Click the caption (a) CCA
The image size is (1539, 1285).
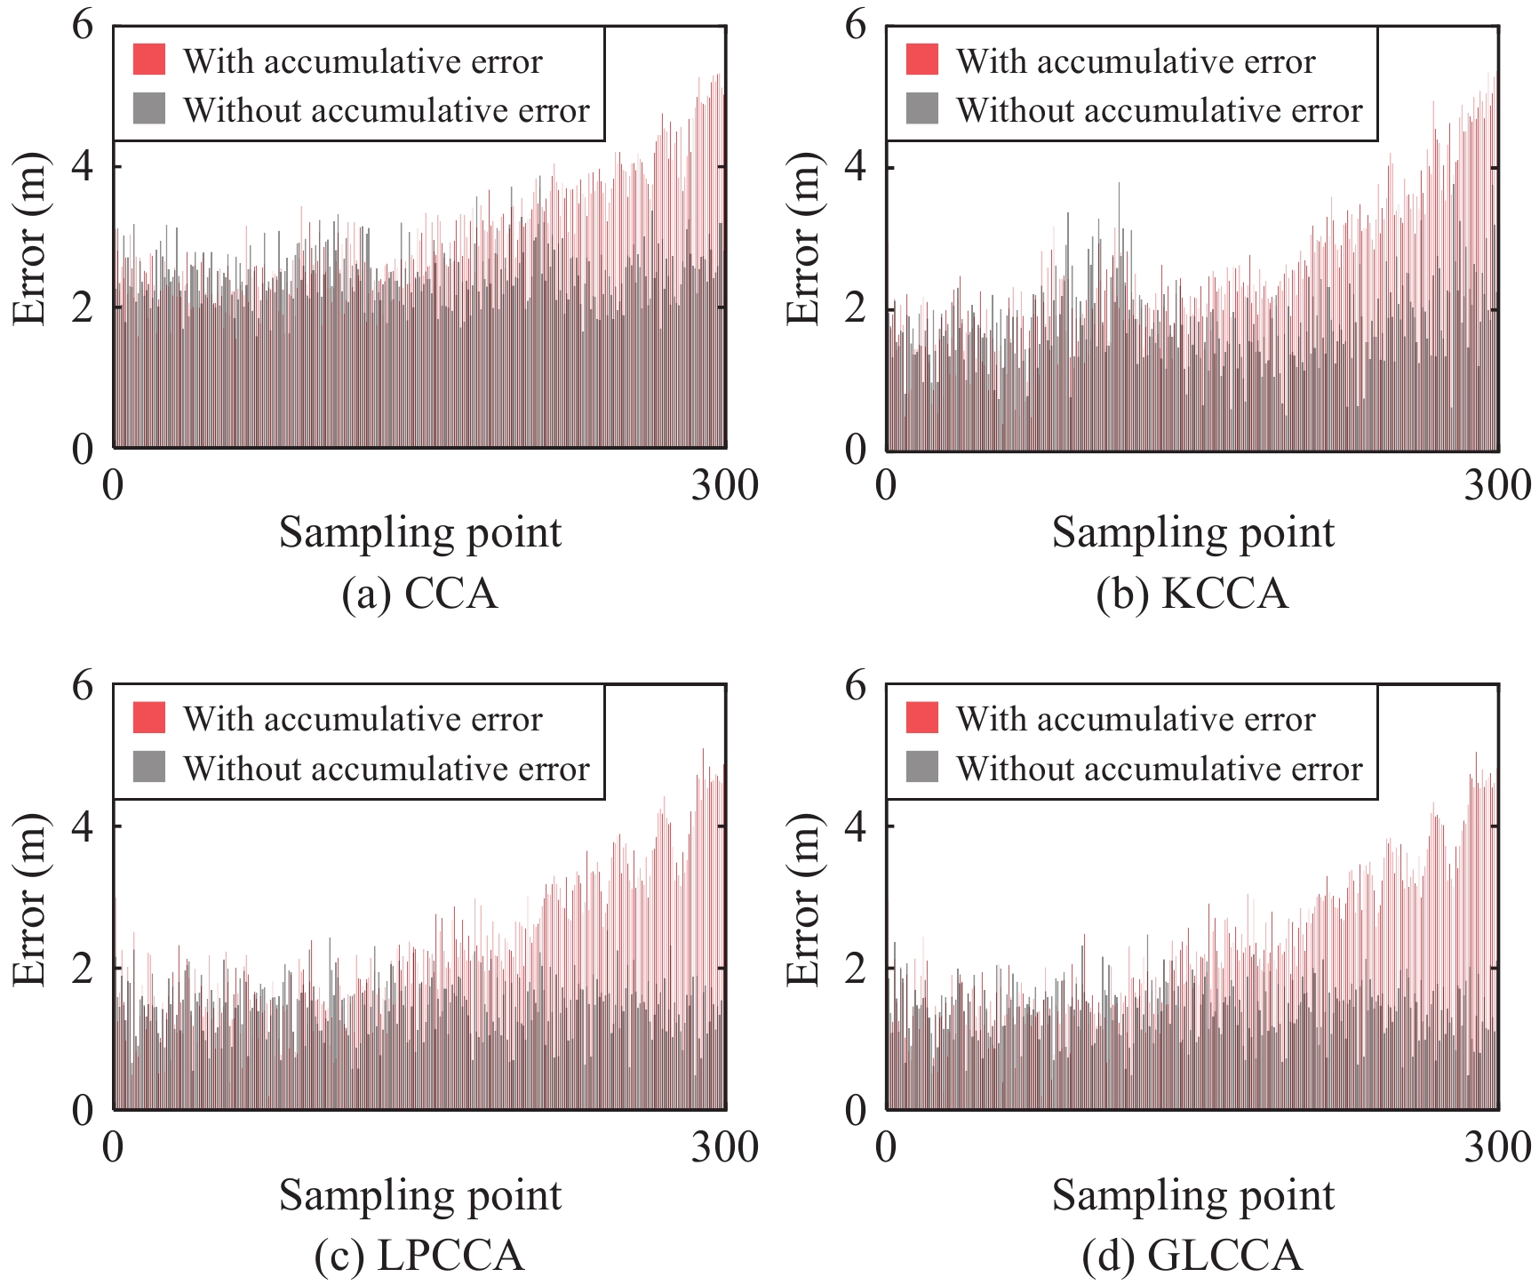click(x=419, y=594)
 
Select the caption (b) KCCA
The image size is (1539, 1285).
click(x=1192, y=594)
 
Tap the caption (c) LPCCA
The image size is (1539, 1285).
click(x=419, y=1256)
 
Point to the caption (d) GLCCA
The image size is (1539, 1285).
click(x=1192, y=1256)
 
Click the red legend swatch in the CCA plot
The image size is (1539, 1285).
click(x=149, y=60)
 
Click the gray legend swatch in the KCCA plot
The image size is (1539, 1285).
click(x=922, y=108)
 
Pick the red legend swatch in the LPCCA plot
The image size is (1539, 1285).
click(x=149, y=718)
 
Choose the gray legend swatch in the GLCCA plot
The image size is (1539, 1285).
click(x=922, y=766)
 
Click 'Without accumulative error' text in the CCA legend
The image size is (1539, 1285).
click(x=387, y=110)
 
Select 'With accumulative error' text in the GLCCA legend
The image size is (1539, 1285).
click(x=1136, y=719)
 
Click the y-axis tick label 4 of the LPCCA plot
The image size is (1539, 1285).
click(x=83, y=826)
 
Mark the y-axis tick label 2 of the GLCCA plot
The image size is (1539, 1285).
click(x=856, y=967)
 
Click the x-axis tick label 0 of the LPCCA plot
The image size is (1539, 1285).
click(x=113, y=1147)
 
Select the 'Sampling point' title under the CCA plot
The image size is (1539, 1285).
click(x=420, y=533)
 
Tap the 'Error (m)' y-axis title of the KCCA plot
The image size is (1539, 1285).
click(x=803, y=237)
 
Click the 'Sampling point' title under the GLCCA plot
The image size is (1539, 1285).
click(x=1193, y=1195)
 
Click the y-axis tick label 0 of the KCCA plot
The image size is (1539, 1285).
click(x=856, y=449)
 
